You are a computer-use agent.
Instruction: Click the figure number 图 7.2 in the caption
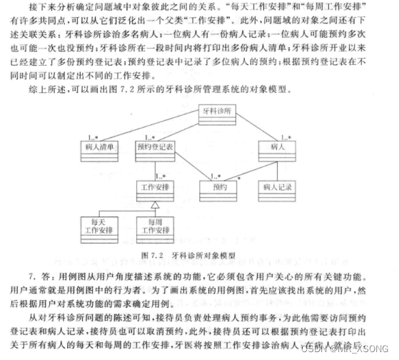153,254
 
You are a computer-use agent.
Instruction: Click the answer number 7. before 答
34,274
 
